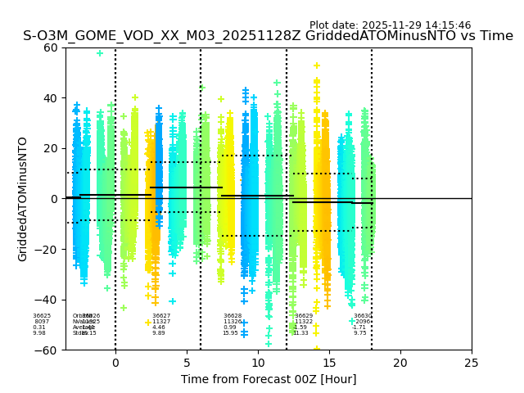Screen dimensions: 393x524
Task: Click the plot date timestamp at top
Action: (390, 25)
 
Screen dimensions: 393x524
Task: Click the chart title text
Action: (268, 36)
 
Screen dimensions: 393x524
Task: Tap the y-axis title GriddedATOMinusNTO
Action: (23, 199)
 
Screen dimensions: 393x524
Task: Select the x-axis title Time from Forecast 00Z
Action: (269, 379)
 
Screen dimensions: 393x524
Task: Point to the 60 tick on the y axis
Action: (51, 47)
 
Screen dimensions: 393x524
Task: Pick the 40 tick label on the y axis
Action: (51, 98)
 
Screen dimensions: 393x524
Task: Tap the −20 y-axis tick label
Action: (47, 249)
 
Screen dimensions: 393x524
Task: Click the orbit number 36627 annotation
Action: (161, 316)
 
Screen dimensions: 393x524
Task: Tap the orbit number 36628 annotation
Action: (233, 316)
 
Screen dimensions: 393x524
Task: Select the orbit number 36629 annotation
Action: (304, 316)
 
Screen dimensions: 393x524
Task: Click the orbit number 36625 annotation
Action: (42, 316)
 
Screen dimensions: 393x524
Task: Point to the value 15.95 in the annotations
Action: (230, 333)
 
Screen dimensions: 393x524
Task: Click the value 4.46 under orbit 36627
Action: (159, 327)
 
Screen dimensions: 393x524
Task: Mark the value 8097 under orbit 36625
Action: (42, 322)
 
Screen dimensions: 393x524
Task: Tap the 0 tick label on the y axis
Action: (54, 199)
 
